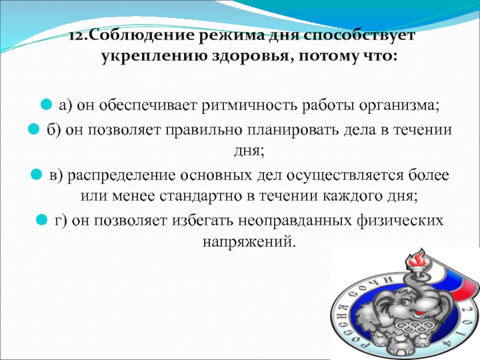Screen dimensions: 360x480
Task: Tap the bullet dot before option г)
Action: tap(42, 221)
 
